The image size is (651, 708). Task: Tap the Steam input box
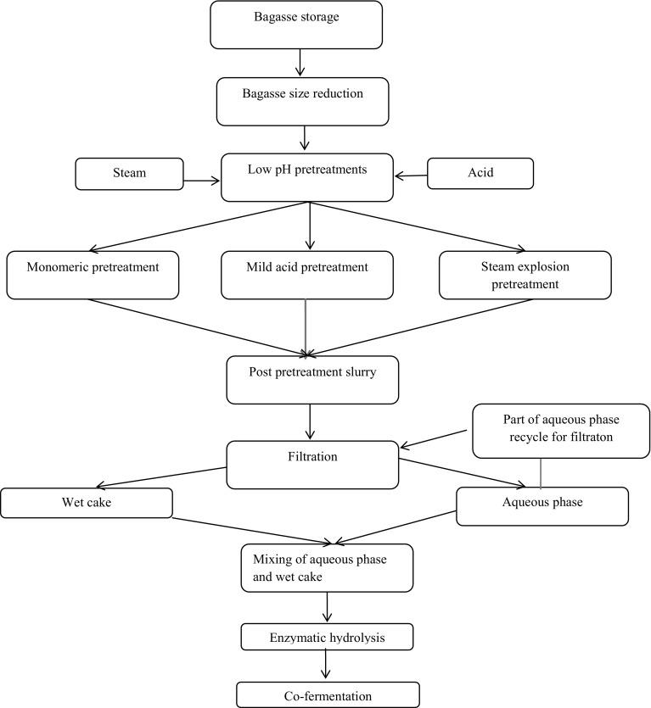(129, 173)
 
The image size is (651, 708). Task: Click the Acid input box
(480, 173)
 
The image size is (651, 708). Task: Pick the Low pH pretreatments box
(306, 177)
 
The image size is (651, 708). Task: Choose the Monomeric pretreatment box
(93, 275)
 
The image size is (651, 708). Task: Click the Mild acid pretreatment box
(307, 275)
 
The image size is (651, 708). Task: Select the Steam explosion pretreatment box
(525, 275)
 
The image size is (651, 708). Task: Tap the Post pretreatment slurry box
(312, 379)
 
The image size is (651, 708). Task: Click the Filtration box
(312, 464)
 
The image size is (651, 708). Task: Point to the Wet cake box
(87, 502)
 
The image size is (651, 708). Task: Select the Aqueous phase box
(542, 505)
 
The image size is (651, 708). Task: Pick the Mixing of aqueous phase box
(327, 567)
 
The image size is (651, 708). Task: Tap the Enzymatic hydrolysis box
(327, 635)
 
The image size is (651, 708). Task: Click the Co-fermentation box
(328, 695)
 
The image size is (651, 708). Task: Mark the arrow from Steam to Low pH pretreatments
(202, 180)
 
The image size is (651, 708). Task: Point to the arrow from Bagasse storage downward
(299, 63)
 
